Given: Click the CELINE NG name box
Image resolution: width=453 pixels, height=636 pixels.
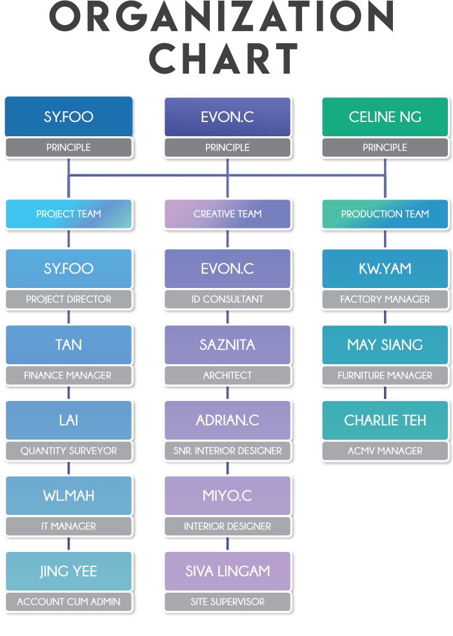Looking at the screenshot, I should coord(385,117).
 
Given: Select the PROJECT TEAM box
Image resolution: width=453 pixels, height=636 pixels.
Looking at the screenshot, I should coord(68,214).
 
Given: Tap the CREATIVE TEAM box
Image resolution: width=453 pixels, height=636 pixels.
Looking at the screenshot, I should coord(227,214).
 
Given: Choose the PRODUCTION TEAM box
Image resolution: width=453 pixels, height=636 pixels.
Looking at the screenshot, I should coord(385,214).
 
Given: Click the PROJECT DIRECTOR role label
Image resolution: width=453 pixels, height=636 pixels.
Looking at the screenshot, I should coord(68,299).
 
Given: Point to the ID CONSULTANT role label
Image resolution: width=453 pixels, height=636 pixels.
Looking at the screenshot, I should coord(227,299).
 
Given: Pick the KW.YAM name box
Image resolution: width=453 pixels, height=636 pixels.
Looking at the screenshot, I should coord(385,269).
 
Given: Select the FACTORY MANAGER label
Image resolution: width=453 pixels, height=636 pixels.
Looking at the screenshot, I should coord(385,299).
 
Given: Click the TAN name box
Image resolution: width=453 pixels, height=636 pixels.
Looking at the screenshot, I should coord(68,344).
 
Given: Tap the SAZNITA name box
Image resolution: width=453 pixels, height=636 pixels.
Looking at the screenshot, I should coord(227,344).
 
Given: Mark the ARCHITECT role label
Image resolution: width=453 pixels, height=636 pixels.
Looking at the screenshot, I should coord(227,375).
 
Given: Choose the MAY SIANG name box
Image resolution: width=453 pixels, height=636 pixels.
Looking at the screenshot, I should coord(385,344).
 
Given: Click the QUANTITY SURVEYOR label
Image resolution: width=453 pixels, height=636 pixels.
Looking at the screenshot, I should coord(68,451).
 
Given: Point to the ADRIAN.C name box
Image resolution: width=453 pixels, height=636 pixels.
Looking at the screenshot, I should coord(227,420).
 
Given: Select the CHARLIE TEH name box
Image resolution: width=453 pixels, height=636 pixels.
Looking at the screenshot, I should coord(385,420).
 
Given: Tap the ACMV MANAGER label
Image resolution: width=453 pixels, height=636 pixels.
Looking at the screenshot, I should coord(385,451).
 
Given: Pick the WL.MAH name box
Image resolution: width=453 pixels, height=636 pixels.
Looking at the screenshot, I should coord(68,495).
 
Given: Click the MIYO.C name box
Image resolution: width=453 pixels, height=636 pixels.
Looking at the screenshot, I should coord(227,495).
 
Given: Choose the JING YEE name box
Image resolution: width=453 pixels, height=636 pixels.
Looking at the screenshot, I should coord(68,571).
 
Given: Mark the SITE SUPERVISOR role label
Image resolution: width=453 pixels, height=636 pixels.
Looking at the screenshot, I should coord(227,601).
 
